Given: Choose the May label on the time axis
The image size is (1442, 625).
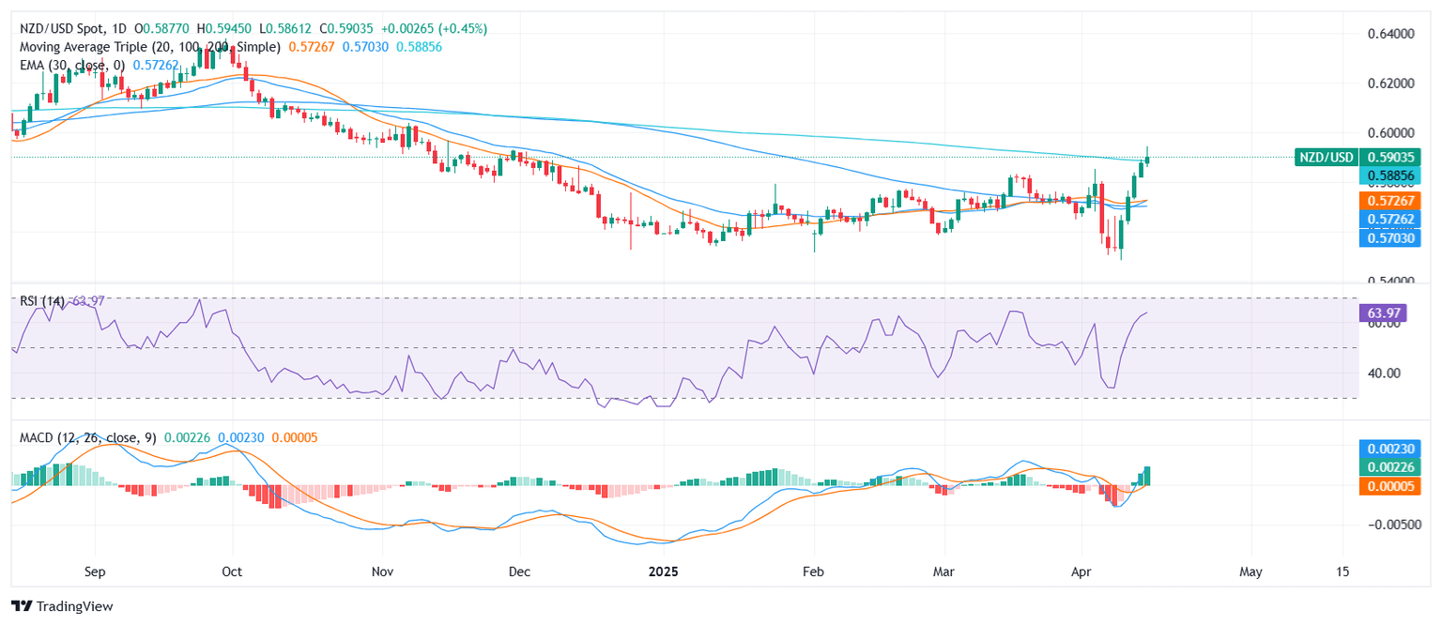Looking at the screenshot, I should pos(1250,571).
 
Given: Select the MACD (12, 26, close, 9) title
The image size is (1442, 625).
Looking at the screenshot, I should pos(89,437).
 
